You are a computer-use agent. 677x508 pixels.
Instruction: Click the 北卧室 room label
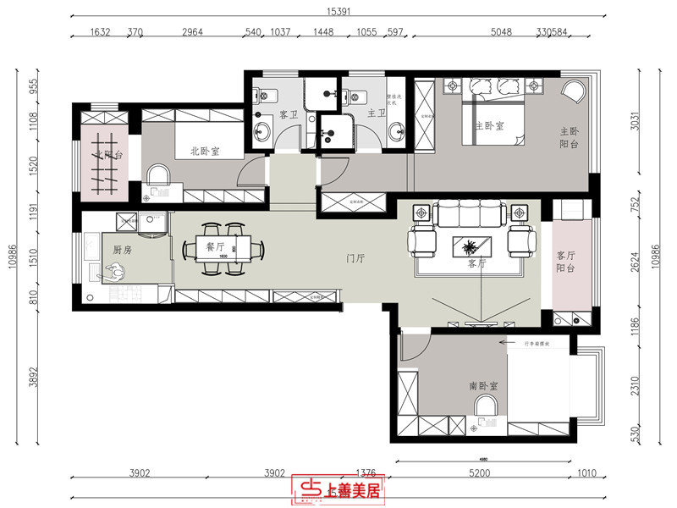pyautogui.click(x=205, y=152)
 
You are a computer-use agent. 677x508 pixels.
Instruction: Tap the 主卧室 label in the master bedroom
pyautogui.click(x=488, y=126)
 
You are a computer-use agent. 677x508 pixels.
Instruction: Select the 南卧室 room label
pyautogui.click(x=483, y=385)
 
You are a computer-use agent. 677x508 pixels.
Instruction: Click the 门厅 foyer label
pyautogui.click(x=355, y=258)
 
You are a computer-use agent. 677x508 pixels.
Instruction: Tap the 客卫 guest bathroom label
pyautogui.click(x=289, y=113)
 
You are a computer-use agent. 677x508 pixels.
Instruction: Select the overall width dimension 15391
pyautogui.click(x=338, y=13)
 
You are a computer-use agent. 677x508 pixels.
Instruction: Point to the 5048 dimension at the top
pyautogui.click(x=502, y=35)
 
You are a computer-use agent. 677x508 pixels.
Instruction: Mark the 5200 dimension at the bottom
pyautogui.click(x=478, y=473)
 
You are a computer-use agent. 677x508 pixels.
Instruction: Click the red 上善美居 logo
pyautogui.click(x=338, y=489)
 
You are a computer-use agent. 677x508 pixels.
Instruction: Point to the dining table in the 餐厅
pyautogui.click(x=223, y=247)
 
